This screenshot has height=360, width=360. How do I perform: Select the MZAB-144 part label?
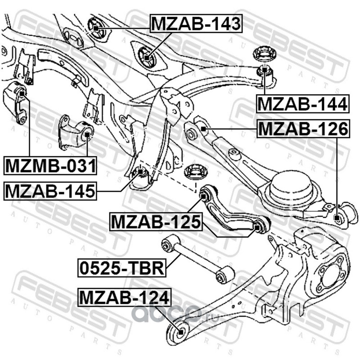(302, 104)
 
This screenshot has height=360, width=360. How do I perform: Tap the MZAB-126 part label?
(302, 129)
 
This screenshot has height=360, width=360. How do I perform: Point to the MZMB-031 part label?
(50, 166)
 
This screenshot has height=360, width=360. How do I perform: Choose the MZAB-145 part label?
(50, 191)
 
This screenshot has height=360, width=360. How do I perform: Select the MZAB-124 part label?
(124, 297)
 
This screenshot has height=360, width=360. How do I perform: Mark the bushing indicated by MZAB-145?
(139, 171)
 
